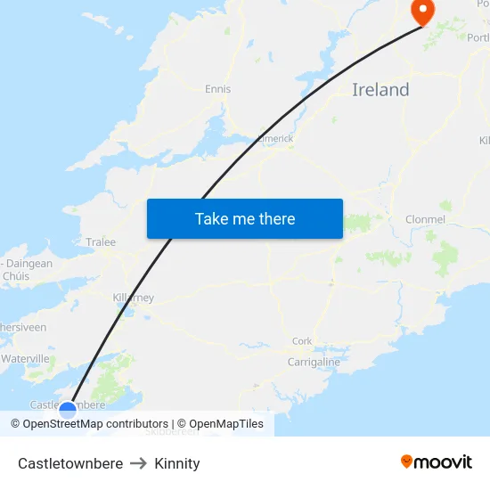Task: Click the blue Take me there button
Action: [x=245, y=218]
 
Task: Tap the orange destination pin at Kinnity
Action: [x=421, y=11]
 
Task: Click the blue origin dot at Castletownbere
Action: [x=68, y=410]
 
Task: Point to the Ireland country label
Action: [x=380, y=90]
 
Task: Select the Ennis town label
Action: [x=217, y=89]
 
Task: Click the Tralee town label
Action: [x=101, y=241]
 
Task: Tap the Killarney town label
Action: [x=134, y=298]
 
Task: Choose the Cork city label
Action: [x=302, y=341]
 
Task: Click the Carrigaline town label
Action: [x=314, y=363]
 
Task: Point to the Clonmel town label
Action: [x=425, y=219]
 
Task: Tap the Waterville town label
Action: [x=25, y=358]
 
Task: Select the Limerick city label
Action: [x=274, y=139]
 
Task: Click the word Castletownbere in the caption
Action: [x=70, y=463]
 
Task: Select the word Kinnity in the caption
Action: [x=177, y=463]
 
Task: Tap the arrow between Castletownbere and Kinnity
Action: [x=138, y=463]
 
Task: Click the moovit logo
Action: [x=437, y=462]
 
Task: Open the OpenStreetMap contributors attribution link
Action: [x=89, y=424]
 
